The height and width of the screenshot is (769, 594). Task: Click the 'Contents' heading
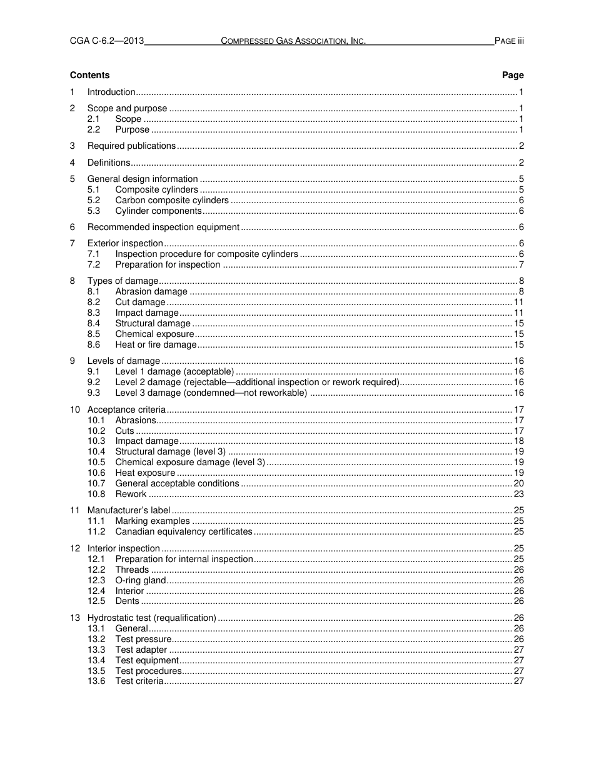click(89, 75)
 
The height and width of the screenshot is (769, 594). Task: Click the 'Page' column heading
click(513, 75)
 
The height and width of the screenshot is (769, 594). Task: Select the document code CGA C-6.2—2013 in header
click(107, 41)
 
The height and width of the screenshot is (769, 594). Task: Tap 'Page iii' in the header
click(509, 41)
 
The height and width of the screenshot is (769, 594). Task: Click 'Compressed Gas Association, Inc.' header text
click(293, 41)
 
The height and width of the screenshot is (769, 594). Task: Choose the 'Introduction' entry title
click(111, 92)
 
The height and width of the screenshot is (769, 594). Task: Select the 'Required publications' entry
click(131, 146)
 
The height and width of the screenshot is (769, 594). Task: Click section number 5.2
click(94, 200)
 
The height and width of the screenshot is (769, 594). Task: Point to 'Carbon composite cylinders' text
click(172, 200)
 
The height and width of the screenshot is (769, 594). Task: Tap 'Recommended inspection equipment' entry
click(163, 227)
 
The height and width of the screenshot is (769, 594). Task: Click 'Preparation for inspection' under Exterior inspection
click(168, 264)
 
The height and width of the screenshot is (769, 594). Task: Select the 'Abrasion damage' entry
click(151, 291)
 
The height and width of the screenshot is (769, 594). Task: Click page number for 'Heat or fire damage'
click(518, 344)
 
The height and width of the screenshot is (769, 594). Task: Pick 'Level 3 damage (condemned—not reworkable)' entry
click(211, 393)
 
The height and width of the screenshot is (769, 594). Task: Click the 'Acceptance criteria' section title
click(126, 410)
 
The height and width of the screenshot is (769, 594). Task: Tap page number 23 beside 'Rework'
click(518, 494)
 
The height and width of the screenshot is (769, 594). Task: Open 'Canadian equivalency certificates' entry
click(184, 531)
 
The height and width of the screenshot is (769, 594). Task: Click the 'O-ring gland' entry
click(141, 580)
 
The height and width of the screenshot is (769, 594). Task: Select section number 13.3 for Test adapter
click(96, 650)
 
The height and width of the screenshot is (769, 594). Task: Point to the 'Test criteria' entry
click(139, 681)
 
